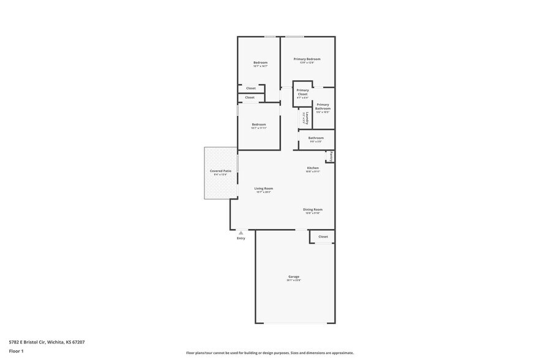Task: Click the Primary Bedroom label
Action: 307,59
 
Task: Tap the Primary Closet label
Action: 302,92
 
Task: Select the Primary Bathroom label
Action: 323,107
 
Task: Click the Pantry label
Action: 331,156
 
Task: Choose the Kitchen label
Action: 313,168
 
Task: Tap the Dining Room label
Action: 313,209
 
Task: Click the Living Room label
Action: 264,189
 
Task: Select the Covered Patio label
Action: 220,171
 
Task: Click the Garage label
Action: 294,276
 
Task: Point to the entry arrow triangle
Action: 241,233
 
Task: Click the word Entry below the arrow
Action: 241,238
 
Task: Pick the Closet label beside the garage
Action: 323,236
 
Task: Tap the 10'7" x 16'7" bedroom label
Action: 260,62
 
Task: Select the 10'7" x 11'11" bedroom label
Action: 258,124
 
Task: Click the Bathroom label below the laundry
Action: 316,138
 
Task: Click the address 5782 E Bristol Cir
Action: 47,342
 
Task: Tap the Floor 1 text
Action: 16,351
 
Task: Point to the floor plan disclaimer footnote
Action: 269,353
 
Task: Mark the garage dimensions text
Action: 294,280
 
